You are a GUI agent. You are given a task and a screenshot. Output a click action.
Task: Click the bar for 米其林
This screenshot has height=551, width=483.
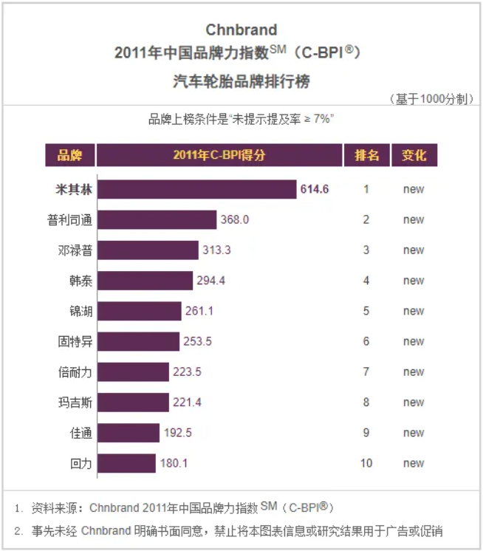point(196,189)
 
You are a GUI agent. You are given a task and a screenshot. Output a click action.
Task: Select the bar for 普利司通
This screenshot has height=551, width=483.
point(157,219)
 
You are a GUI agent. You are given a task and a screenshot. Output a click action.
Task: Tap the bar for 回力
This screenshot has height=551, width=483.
point(126,463)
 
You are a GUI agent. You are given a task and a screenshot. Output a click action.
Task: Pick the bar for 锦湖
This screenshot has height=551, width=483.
point(139,311)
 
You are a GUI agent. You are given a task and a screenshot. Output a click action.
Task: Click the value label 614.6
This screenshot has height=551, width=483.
point(315,189)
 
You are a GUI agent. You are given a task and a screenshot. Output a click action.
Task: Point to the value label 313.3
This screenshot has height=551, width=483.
point(217,250)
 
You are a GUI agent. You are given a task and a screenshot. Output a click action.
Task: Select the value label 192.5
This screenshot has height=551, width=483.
point(177,433)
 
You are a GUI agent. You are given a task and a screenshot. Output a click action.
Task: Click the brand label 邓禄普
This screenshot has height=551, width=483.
point(75,250)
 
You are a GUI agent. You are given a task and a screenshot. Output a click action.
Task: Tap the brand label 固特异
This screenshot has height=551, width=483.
point(75,341)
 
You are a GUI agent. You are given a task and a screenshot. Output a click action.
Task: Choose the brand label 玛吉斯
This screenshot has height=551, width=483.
point(75,403)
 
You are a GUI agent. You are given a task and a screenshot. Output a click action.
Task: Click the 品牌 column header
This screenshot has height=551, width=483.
point(69,155)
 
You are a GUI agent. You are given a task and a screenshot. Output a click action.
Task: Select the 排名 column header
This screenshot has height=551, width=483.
point(366,155)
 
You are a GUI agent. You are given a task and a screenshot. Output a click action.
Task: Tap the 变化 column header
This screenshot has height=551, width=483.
point(414,155)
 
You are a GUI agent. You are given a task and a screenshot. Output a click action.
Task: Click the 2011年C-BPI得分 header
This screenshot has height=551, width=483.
point(219,155)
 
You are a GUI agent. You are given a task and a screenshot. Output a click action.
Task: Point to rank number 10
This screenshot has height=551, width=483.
point(366,463)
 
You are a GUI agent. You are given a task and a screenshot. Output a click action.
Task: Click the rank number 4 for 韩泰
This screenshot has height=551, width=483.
point(366,281)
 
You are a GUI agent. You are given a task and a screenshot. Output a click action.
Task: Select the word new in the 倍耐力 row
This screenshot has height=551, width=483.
point(414,372)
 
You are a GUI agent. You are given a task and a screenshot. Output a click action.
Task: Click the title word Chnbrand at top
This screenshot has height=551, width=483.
point(241,30)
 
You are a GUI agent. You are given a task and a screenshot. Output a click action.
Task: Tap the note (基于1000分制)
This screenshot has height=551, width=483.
point(430,99)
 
